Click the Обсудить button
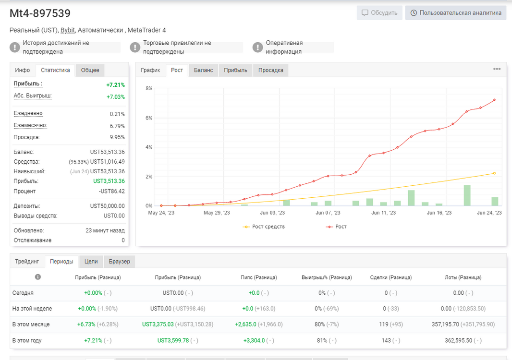pos(379,13)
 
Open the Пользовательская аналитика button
pos(456,13)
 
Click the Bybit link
pos(68,30)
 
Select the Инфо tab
pos(22,70)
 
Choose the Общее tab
pos(90,70)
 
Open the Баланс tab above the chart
pos(203,70)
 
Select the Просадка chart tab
pos(271,70)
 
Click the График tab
pos(150,70)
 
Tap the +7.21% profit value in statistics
pos(116,85)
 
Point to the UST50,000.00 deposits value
pos(108,206)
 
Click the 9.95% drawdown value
pos(117,137)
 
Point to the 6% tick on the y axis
pos(149,118)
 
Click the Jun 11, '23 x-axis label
pos(383,213)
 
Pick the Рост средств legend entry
pos(264,227)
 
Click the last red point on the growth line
pos(494,100)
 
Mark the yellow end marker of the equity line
pos(494,173)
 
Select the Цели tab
pos(91,262)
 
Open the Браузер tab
pos(119,262)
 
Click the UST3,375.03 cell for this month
pos(158,324)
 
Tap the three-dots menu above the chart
pos(497,69)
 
